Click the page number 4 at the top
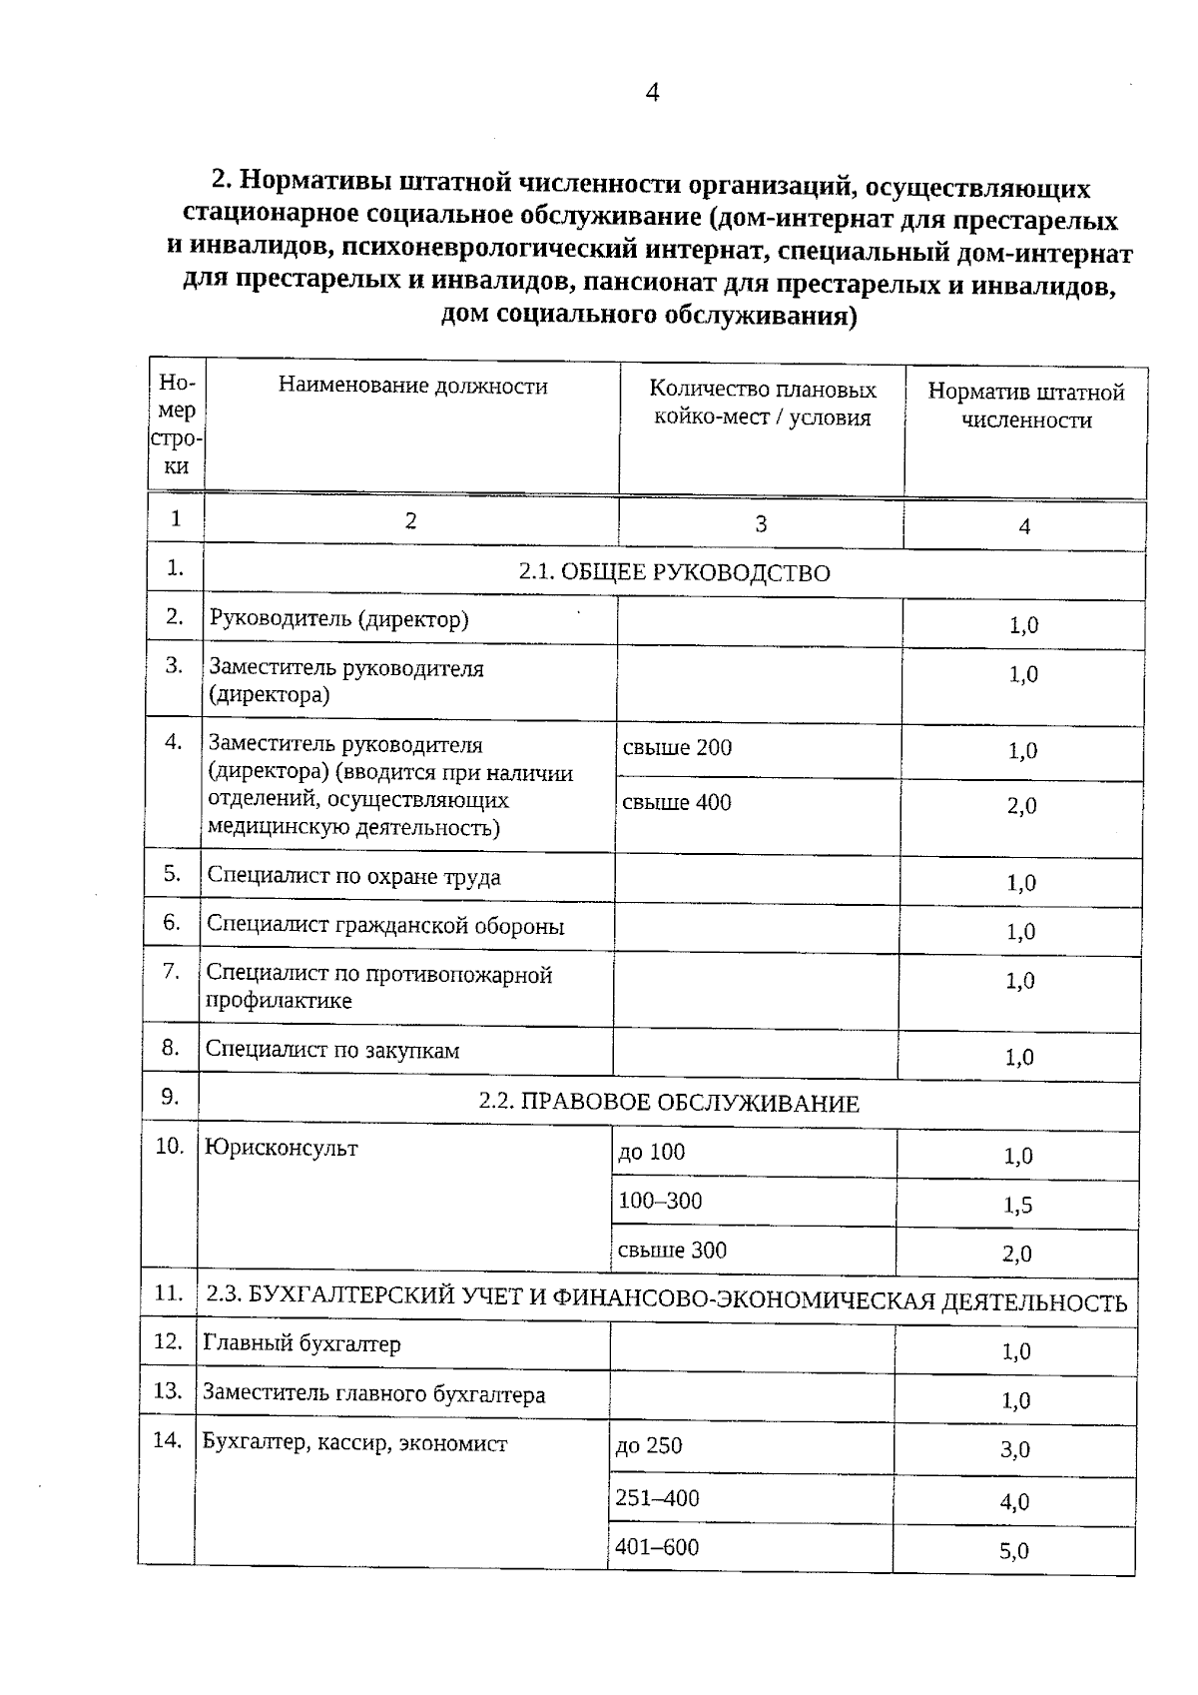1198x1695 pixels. pyautogui.click(x=652, y=93)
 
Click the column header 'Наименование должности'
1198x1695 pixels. pyautogui.click(x=412, y=387)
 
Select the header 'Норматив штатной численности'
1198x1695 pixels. pyautogui.click(x=1025, y=406)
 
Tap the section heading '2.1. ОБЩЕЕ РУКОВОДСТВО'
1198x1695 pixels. pyautogui.click(x=674, y=572)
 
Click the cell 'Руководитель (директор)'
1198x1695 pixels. pyautogui.click(x=338, y=619)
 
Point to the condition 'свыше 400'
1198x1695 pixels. pyautogui.click(x=676, y=802)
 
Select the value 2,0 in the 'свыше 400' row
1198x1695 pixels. pyautogui.click(x=1021, y=806)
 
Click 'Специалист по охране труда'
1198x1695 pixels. pyautogui.click(x=353, y=877)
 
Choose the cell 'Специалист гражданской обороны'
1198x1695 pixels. pyautogui.click(x=385, y=926)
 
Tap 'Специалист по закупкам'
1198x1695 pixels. pyautogui.click(x=332, y=1050)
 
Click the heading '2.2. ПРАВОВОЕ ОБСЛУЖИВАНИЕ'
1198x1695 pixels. pyautogui.click(x=669, y=1103)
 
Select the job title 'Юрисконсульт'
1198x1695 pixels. pyautogui.click(x=281, y=1149)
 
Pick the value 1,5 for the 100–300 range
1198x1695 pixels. pyautogui.click(x=1017, y=1206)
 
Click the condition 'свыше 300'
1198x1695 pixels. pyautogui.click(x=672, y=1251)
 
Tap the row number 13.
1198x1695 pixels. pyautogui.click(x=167, y=1390)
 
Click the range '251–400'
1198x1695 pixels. pyautogui.click(x=657, y=1498)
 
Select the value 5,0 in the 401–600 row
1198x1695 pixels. pyautogui.click(x=1013, y=1551)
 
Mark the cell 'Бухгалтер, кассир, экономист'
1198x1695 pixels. pyautogui.click(x=354, y=1443)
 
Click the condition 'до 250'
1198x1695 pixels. pyautogui.click(x=649, y=1446)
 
